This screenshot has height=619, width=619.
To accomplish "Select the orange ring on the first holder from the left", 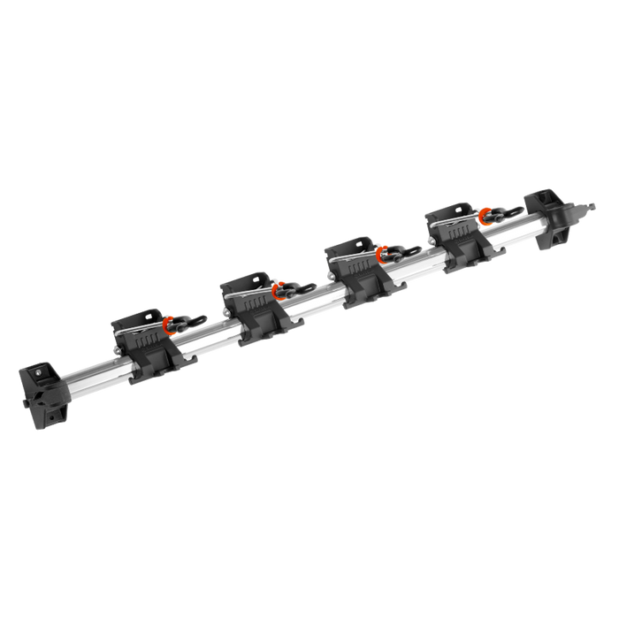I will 169,325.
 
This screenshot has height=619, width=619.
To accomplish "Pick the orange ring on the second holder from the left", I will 278,287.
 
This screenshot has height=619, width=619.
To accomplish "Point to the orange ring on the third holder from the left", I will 382,254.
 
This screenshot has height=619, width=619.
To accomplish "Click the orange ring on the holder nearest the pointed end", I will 484,215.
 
